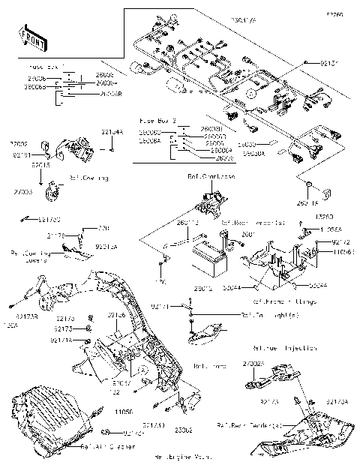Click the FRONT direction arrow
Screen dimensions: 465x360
[x=30, y=35]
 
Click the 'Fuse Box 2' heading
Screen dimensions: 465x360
[x=157, y=119]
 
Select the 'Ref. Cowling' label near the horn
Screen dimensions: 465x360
[x=88, y=178]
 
